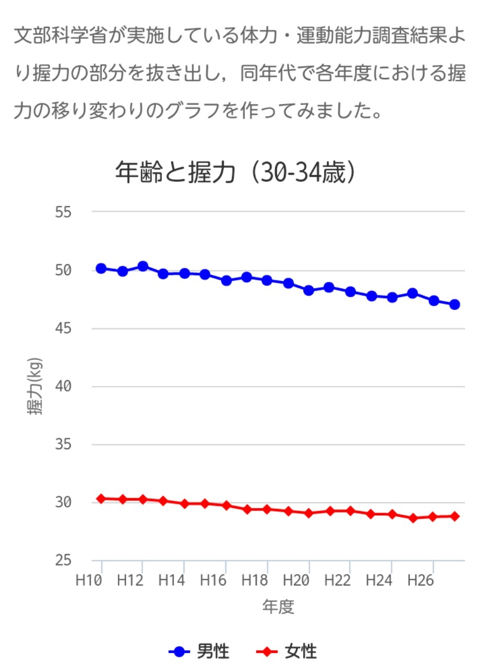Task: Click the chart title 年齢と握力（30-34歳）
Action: pyautogui.click(x=236, y=172)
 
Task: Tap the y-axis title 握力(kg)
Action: pyautogui.click(x=35, y=386)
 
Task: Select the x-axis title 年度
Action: pyautogui.click(x=278, y=607)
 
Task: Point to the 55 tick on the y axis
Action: pyautogui.click(x=63, y=212)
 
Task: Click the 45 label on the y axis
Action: pyautogui.click(x=63, y=329)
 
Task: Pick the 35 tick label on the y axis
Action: pyautogui.click(x=63, y=445)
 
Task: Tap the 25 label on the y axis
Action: pyautogui.click(x=63, y=560)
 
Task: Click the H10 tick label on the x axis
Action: pyautogui.click(x=89, y=580)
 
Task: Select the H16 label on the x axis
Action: pyautogui.click(x=213, y=580)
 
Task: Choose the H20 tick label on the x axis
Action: pyautogui.click(x=296, y=580)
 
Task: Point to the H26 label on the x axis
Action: pyautogui.click(x=420, y=580)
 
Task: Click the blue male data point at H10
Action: pyautogui.click(x=101, y=268)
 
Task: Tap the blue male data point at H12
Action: pyautogui.click(x=143, y=266)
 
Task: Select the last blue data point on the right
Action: pyautogui.click(x=454, y=305)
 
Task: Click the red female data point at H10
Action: pyautogui.click(x=101, y=499)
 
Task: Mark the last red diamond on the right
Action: pyautogui.click(x=454, y=516)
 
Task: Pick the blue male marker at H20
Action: pyautogui.click(x=309, y=290)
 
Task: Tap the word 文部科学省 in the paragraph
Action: pyautogui.click(x=61, y=36)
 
